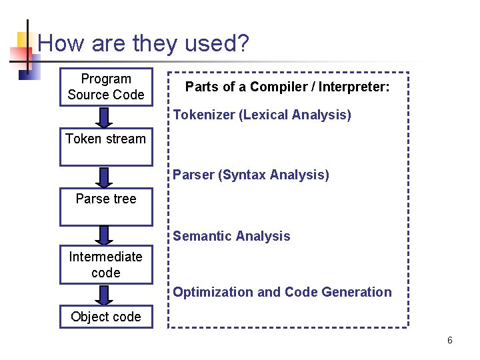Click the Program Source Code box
coord(106,87)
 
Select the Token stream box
coord(106,146)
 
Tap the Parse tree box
coord(106,207)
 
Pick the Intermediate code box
coord(106,265)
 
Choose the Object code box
coord(106,317)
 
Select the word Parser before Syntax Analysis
coord(193,175)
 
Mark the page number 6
coord(450,341)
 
